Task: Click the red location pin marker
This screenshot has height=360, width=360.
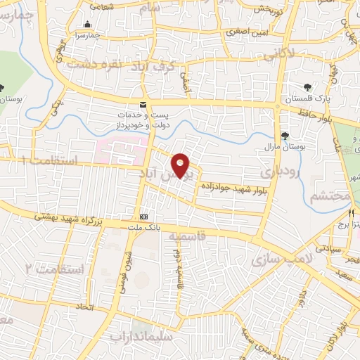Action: [181, 165]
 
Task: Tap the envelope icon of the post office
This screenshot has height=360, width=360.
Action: [143, 105]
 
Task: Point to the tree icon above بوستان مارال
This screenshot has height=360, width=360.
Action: [285, 136]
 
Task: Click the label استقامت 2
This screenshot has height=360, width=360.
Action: [55, 269]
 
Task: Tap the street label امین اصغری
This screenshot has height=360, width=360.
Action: [243, 32]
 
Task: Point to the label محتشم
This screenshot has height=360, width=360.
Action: [330, 196]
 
